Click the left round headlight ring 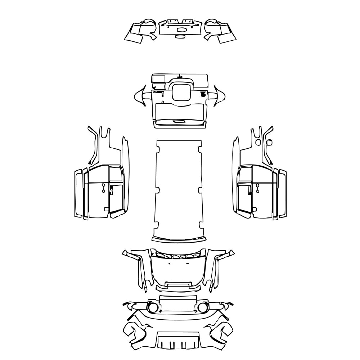pyautogui.click(x=153, y=308)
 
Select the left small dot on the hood pyautogui.click(x=169, y=263)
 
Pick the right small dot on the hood pyautogui.click(x=188, y=263)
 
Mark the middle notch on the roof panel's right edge pyautogui.click(x=202, y=189)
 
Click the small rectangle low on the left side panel pyautogui.click(x=106, y=209)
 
